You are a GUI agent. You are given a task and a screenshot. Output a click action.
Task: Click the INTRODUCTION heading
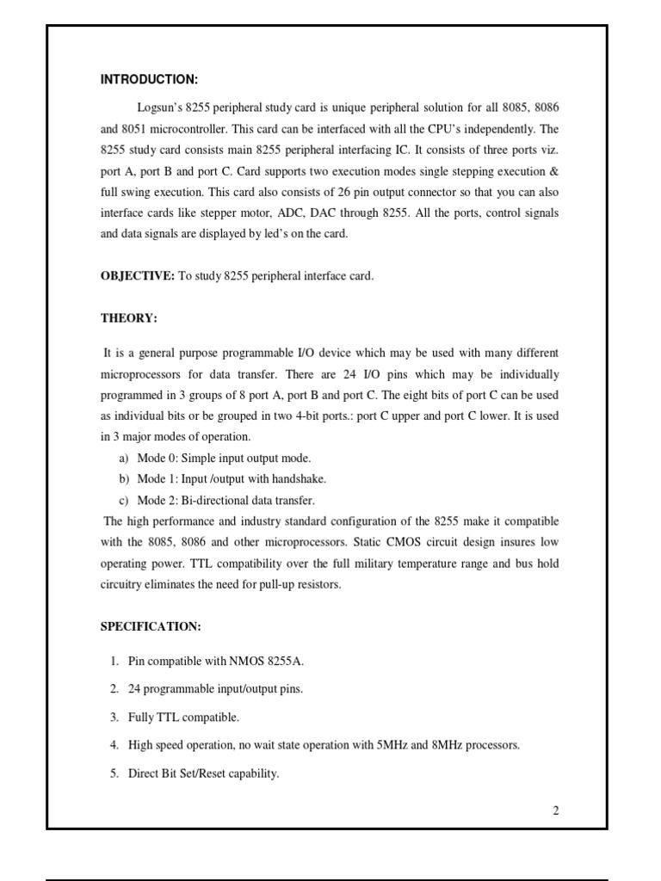(x=149, y=80)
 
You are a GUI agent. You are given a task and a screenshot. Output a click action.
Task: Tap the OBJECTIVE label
(x=138, y=275)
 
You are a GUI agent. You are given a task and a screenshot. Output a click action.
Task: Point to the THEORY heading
(x=129, y=318)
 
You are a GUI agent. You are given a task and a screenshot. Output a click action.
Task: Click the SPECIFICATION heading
(x=151, y=626)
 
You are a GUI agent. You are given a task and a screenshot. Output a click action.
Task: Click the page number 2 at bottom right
(x=556, y=810)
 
